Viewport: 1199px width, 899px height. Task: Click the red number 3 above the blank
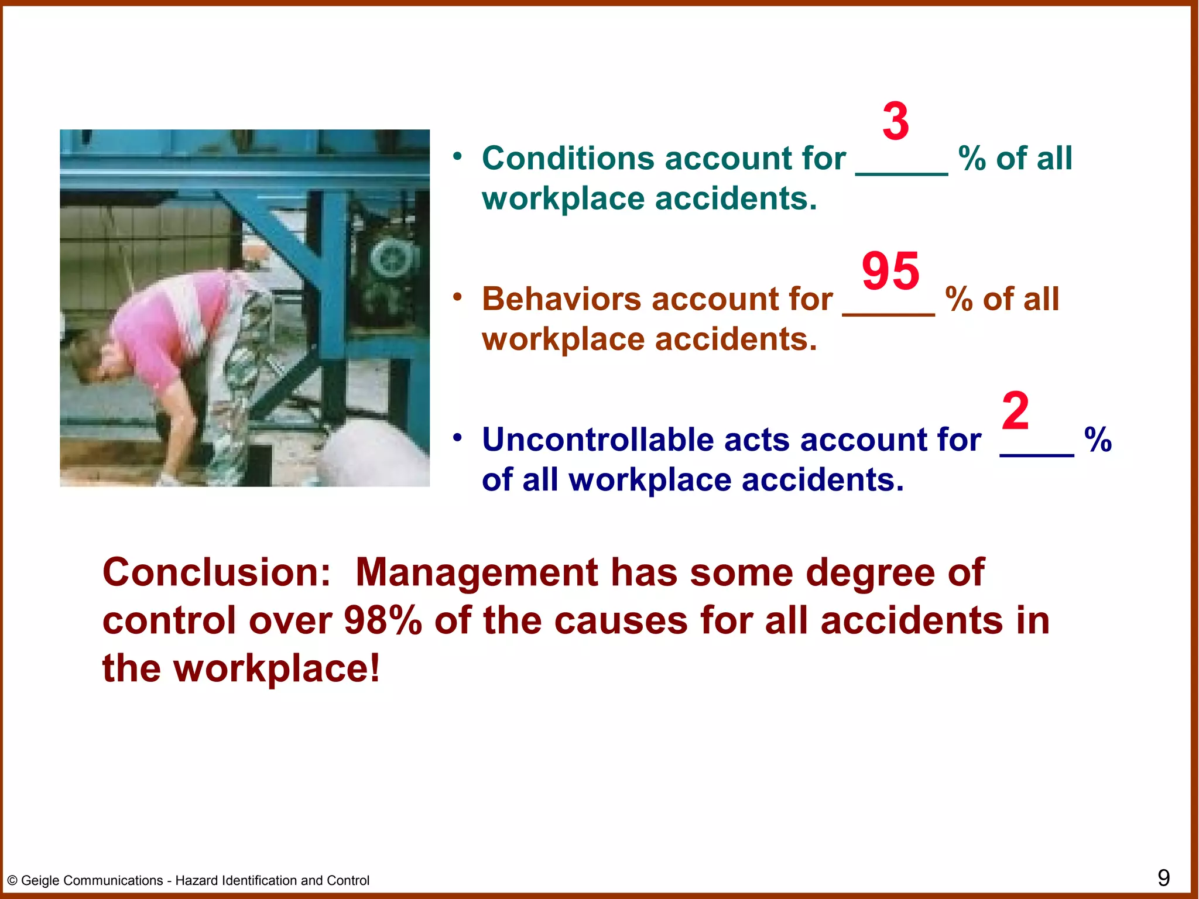pos(896,121)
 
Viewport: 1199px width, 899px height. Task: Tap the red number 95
pos(890,271)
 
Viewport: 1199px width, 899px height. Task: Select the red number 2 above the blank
pos(1016,411)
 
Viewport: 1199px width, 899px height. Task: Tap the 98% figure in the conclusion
pos(383,620)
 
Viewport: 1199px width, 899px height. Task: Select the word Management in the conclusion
pos(477,572)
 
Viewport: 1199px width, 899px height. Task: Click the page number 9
pos(1163,878)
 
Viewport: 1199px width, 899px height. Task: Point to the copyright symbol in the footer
pos(12,881)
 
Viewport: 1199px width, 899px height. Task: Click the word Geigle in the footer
pos(39,881)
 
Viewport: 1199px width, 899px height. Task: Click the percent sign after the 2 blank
pos(1098,440)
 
